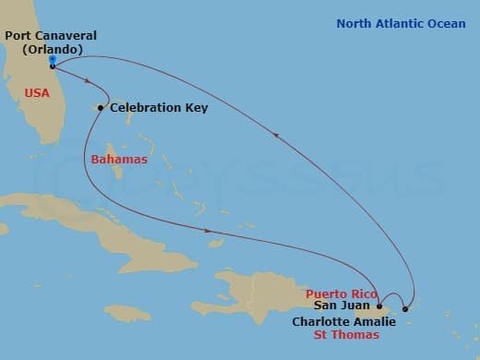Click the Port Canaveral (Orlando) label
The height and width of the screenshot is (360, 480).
coord(50,42)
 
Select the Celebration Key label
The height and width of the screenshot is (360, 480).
coord(159,108)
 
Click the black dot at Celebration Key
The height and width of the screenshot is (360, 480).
coord(101,108)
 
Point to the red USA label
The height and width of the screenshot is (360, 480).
coord(37,92)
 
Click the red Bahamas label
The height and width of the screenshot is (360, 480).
coord(119,160)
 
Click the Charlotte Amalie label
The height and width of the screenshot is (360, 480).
coord(344,322)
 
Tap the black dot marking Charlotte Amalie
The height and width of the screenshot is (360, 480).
coord(404,309)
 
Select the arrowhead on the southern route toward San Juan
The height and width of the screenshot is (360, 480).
coord(209,231)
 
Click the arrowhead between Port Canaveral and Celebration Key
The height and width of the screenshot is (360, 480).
coord(88,80)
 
